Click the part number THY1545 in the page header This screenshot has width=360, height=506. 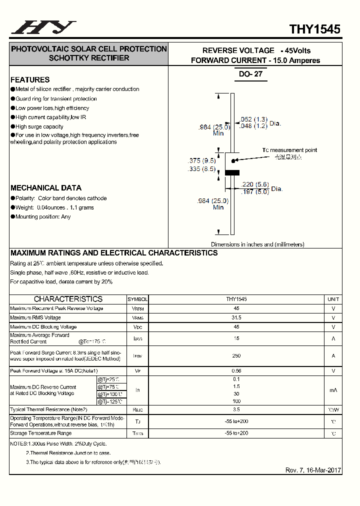tap(315, 29)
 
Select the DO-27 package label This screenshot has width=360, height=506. tap(250, 74)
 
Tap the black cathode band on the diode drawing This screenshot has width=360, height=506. tap(232, 173)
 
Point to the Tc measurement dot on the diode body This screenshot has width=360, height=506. tap(232, 160)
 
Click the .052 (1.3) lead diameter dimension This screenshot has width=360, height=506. tap(254, 119)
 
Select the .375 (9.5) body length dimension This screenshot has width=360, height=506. tap(201, 161)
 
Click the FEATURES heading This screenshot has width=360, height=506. tap(30, 79)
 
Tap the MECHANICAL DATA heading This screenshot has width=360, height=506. tap(46, 188)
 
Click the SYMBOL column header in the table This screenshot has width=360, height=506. tap(137, 299)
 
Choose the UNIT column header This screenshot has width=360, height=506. tap(333, 299)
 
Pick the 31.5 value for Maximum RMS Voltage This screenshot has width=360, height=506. tap(236, 318)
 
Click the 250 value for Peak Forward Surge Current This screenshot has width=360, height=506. tap(236, 356)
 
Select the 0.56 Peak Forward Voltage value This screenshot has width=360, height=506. tap(236, 371)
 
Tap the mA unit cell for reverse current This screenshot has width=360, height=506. tap(333, 390)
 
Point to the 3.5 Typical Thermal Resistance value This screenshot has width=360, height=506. tap(236, 409)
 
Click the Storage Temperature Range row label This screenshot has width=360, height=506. tap(41, 433)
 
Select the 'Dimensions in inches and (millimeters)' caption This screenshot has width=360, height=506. tap(257, 244)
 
